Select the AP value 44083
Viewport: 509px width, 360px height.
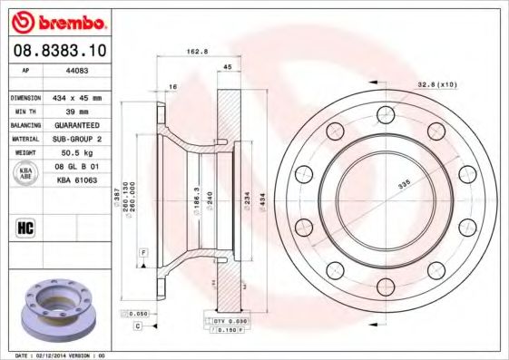click(74, 69)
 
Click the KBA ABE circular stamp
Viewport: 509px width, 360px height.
click(26, 174)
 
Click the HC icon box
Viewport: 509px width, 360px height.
click(25, 227)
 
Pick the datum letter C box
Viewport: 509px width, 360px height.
click(138, 325)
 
